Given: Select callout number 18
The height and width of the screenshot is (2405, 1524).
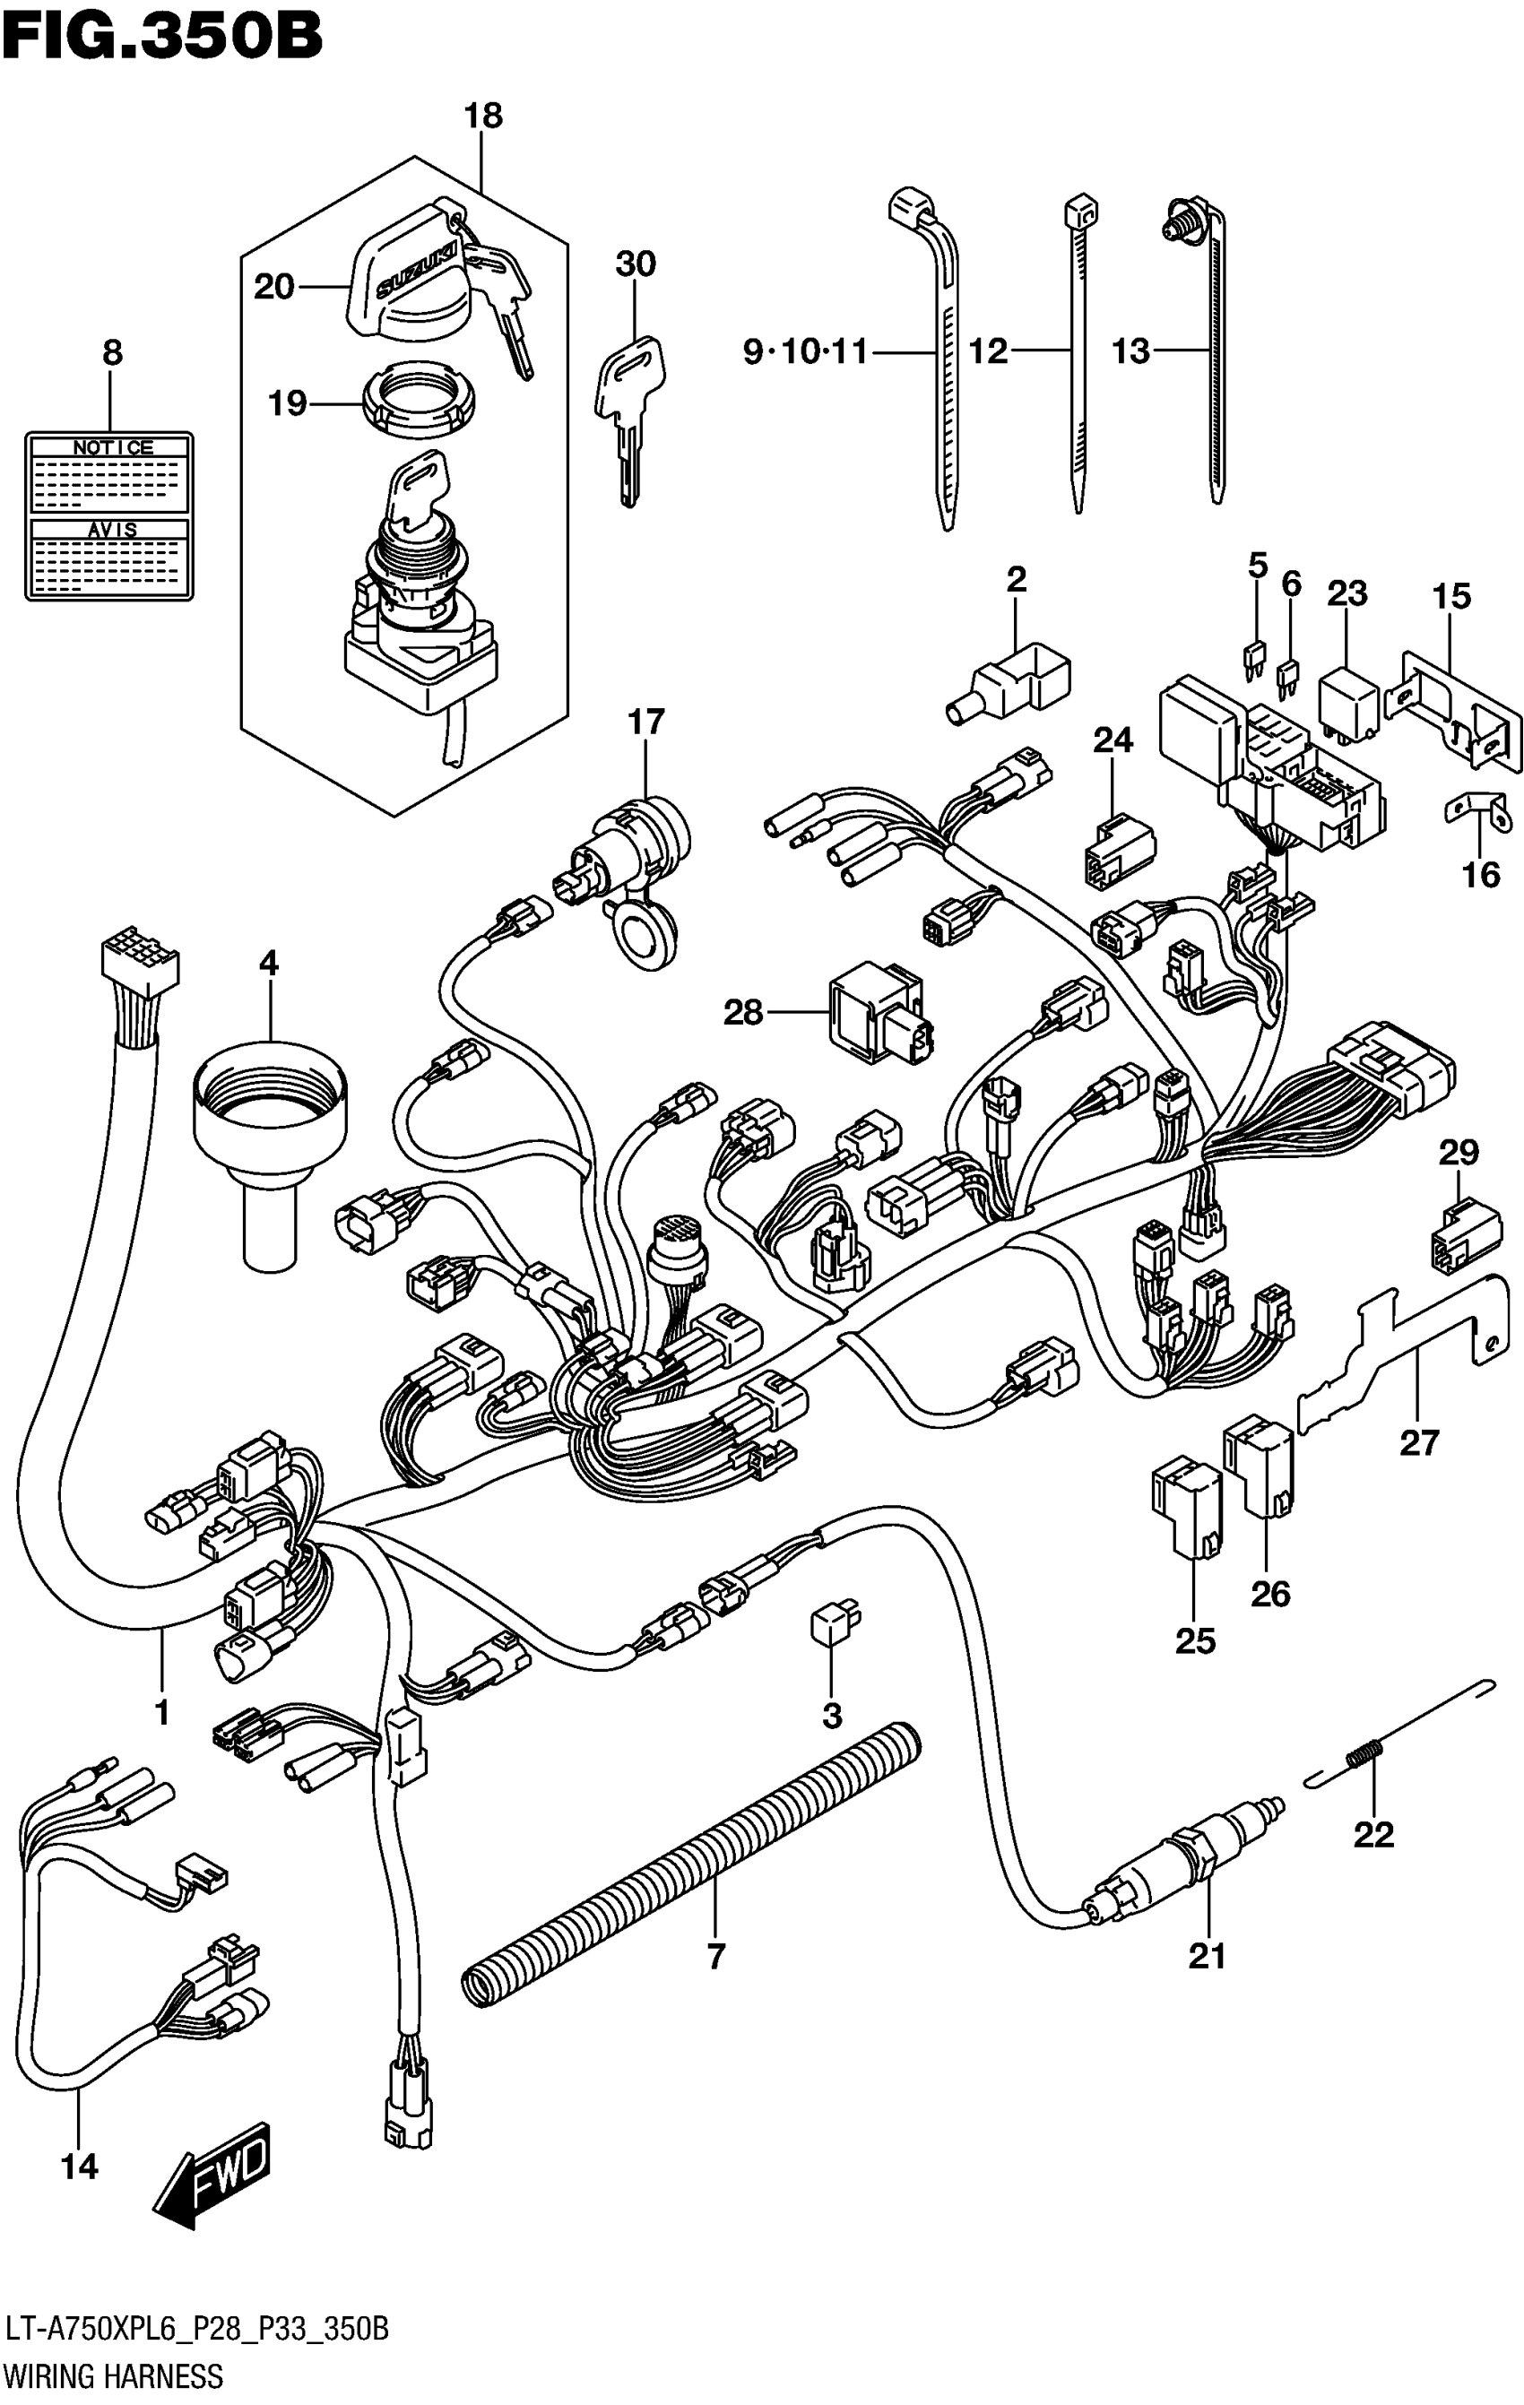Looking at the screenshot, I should point(483,116).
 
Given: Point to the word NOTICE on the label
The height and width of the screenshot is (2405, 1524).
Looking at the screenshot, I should point(112,447).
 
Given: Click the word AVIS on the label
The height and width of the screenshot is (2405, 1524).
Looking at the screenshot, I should point(112,530).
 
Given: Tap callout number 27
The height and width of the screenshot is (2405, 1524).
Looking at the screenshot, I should point(1418,1442).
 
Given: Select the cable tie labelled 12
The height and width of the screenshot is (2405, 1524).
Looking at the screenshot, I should point(1077,350).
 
